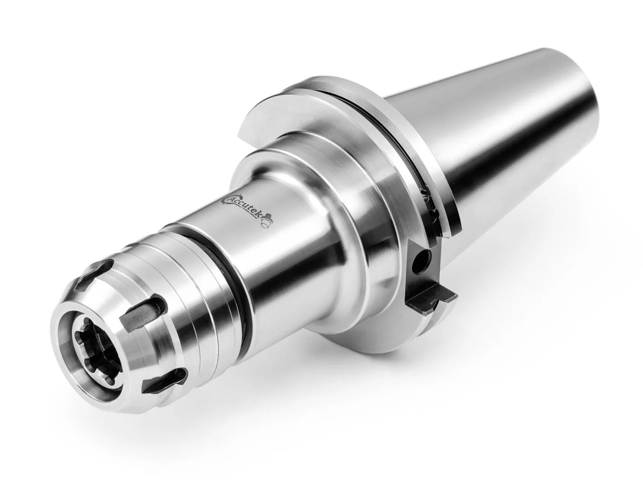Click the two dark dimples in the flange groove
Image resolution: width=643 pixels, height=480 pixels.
pos(429,204)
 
